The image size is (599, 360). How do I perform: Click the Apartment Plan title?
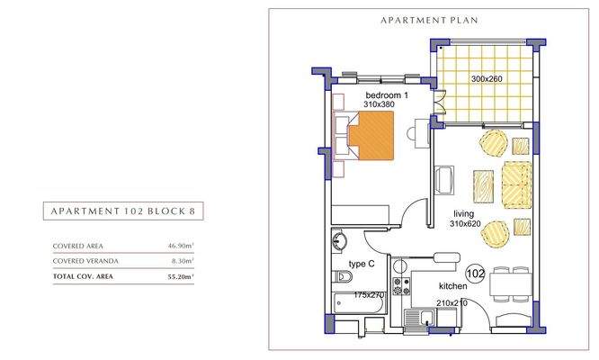tap(429, 21)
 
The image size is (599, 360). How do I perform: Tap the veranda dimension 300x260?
tap(487, 78)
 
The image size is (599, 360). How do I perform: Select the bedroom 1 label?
tap(387, 95)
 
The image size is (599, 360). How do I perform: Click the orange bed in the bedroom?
tap(371, 135)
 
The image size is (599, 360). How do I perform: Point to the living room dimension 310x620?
tap(465, 223)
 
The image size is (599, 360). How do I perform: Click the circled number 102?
tap(476, 274)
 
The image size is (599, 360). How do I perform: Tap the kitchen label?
tap(453, 286)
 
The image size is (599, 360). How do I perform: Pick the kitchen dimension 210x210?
tap(451, 302)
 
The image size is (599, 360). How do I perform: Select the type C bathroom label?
tap(362, 264)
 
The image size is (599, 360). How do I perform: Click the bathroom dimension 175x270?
tap(369, 295)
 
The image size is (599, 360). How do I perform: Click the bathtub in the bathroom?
tap(358, 303)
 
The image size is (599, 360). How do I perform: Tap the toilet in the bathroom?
tap(343, 276)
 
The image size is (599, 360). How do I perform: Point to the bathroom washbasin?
tap(339, 241)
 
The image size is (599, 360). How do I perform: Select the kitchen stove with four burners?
tap(401, 286)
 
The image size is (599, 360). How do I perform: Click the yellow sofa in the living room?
tap(516, 185)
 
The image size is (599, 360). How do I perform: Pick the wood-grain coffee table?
tap(483, 186)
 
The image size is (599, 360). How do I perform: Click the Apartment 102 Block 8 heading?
tap(123, 211)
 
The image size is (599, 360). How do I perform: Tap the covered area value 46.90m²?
tap(181, 246)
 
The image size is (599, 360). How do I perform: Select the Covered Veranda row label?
tap(85, 261)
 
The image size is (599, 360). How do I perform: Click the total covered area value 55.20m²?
tap(180, 276)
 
